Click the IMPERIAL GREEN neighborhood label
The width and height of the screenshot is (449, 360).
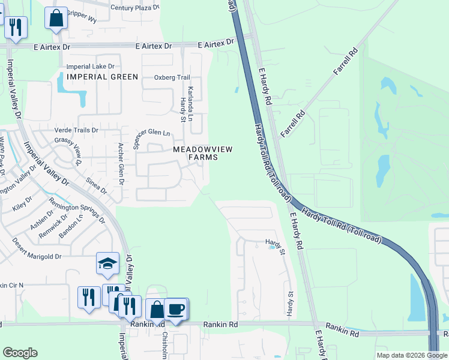tap(103, 77)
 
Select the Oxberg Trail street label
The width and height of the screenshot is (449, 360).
tap(172, 77)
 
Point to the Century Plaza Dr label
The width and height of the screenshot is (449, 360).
tap(135, 8)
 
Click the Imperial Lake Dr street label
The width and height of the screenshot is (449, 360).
tap(90, 66)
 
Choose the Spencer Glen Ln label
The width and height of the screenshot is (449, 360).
tap(152, 133)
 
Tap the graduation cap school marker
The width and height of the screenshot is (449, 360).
tap(108, 263)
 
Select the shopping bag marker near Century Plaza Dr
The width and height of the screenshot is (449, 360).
tap(56, 18)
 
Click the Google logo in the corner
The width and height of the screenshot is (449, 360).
tap(20, 353)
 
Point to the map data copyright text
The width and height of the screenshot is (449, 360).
tap(412, 355)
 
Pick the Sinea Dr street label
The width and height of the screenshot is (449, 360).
tap(95, 184)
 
